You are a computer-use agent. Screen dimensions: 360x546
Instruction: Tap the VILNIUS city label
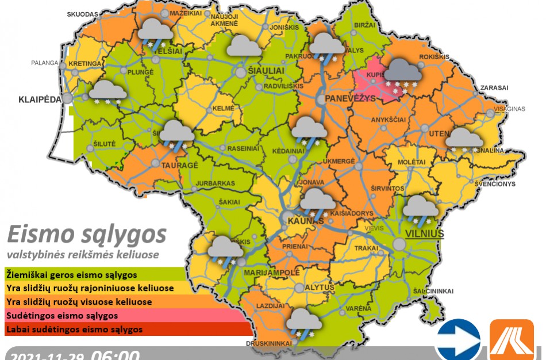pos(425,233)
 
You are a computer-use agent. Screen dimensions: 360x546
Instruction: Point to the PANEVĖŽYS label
pos(350,99)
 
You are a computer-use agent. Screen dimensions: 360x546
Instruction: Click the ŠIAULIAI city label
pos(266,70)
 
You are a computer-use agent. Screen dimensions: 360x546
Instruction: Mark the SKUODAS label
pos(82,13)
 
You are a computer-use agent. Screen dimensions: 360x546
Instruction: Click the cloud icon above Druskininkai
pos(303,321)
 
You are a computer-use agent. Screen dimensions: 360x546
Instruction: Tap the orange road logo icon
pos(512,340)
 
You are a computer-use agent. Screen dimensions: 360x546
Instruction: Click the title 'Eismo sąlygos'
pos(87,235)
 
